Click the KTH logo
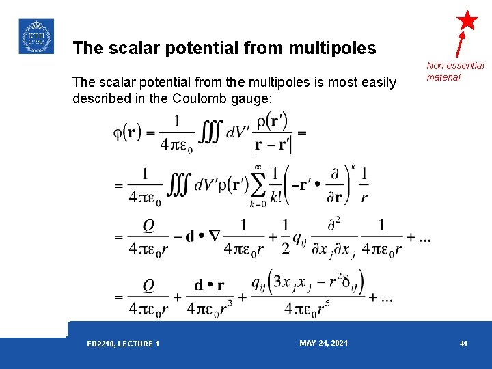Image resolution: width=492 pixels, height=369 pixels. pyautogui.click(x=36, y=36)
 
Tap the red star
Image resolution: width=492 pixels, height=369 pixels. pyautogui.click(x=467, y=20)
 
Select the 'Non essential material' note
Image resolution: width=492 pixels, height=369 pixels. pyautogui.click(x=455, y=71)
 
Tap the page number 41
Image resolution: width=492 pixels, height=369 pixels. pyautogui.click(x=463, y=344)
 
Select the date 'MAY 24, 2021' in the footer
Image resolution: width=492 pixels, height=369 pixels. pyautogui.click(x=323, y=343)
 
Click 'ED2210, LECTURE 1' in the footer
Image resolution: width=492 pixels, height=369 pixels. pyautogui.click(x=124, y=344)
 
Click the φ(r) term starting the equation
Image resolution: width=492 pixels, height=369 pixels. pyautogui.click(x=127, y=131)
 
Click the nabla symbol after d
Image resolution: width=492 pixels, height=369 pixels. pyautogui.click(x=215, y=236)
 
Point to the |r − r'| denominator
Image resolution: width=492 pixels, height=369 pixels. pyautogui.click(x=271, y=146)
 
